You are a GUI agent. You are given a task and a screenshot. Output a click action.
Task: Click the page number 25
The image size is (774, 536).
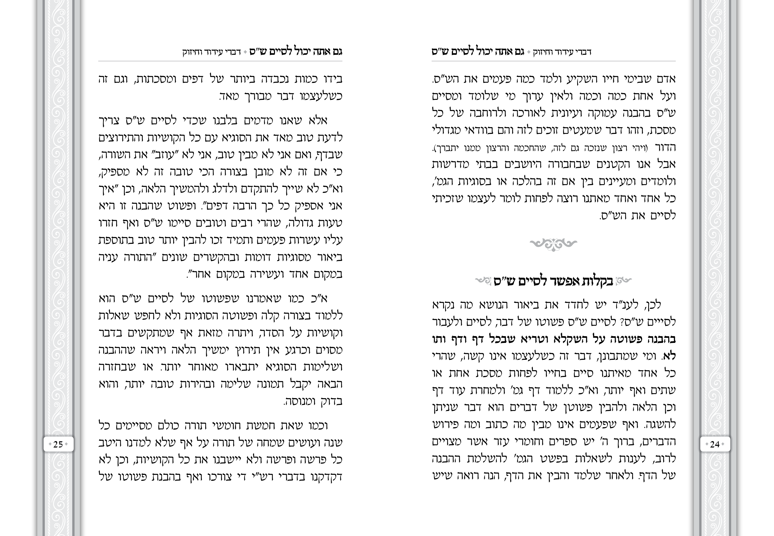58,444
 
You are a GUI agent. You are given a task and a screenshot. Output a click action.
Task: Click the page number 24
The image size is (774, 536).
715,444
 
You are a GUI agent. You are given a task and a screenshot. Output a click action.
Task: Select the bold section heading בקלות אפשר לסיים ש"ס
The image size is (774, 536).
553,281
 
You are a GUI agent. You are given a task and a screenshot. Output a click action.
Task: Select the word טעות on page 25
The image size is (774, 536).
329,223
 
